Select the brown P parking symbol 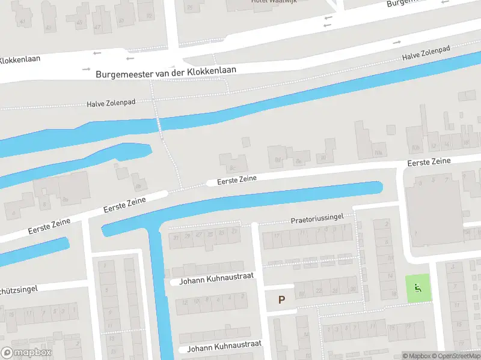click(x=281, y=299)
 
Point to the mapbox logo click(x=26, y=353)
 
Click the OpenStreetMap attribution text click(x=457, y=356)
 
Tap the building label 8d click(x=277, y=160)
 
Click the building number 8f click(x=322, y=158)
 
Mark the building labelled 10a click(x=378, y=152)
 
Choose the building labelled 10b click(x=415, y=147)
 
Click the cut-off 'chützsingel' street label click(x=19, y=289)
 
